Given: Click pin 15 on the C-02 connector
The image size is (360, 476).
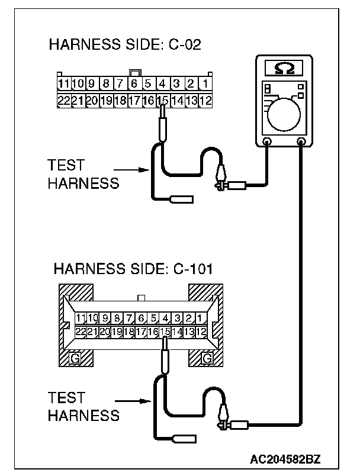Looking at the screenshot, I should click(162, 100).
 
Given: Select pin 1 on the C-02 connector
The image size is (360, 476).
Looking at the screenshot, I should click(205, 83).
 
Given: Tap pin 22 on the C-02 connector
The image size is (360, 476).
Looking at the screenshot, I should click(63, 100).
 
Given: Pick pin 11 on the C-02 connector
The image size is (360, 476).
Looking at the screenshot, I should click(63, 83).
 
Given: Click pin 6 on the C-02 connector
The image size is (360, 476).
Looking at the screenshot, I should click(134, 83).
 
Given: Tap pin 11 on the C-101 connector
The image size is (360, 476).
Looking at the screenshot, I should click(82, 319).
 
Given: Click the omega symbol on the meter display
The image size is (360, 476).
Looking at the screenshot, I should click(284, 68).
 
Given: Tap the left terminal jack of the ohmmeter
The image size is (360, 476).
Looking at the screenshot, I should click(266, 141).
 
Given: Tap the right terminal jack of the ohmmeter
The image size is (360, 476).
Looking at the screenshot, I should click(302, 141).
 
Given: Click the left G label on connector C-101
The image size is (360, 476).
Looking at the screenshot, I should click(75, 358).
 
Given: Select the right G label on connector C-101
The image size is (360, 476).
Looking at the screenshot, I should click(207, 358).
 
